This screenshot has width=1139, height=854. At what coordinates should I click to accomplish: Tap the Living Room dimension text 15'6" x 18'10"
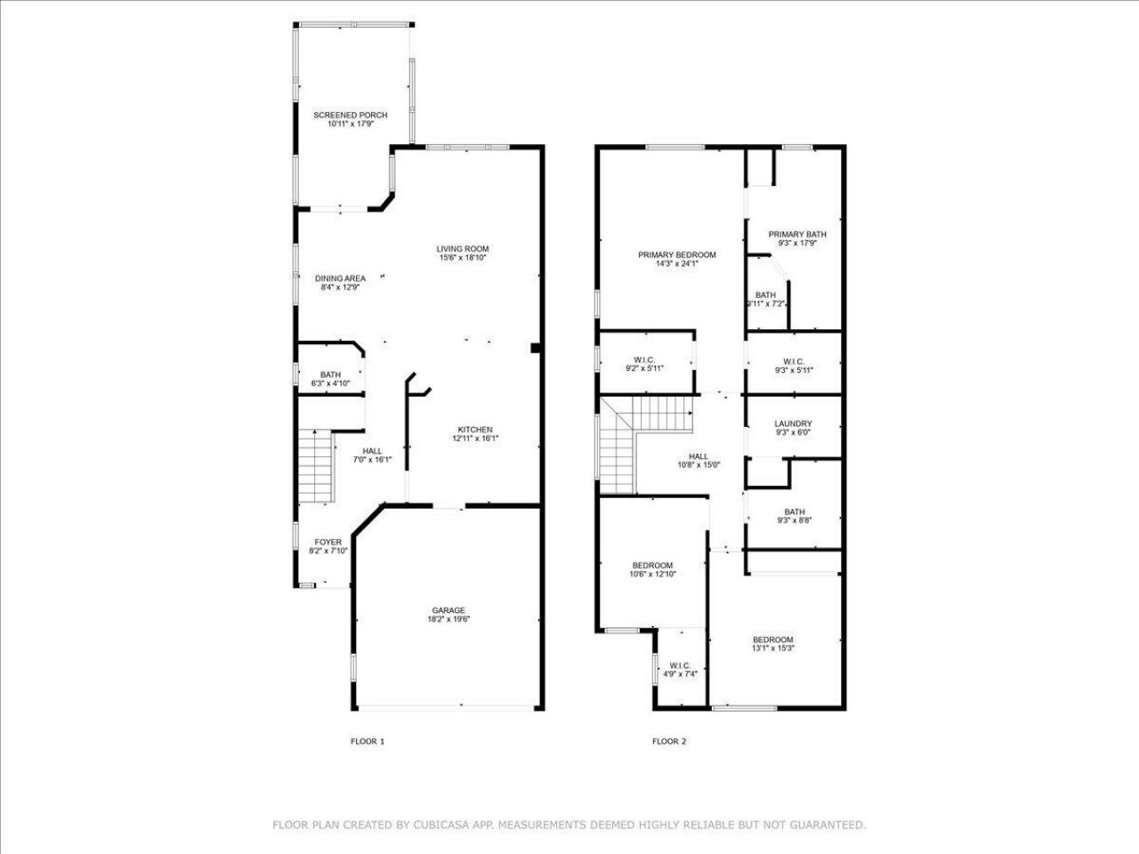pos(463,258)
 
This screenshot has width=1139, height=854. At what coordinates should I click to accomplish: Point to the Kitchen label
pos(475,430)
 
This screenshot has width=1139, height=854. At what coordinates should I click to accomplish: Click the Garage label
pos(448,610)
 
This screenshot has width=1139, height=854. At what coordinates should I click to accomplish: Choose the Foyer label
pos(327,542)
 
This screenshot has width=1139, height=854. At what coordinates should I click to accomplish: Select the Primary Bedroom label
pos(676,255)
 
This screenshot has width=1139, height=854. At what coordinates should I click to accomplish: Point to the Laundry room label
pos(793,424)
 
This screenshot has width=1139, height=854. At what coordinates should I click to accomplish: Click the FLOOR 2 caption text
pos(669,741)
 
